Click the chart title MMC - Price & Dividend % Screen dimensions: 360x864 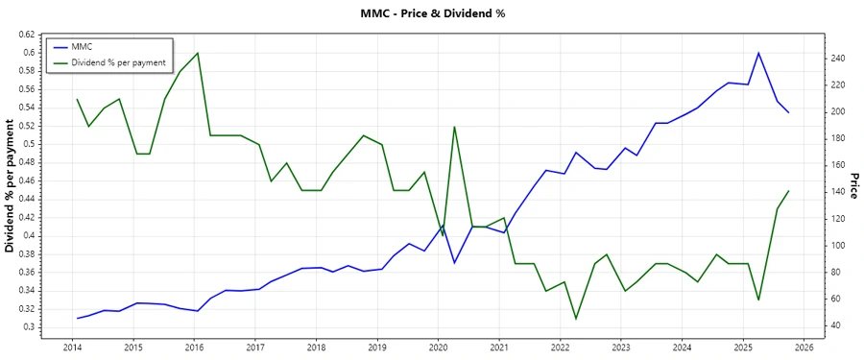tap(431, 13)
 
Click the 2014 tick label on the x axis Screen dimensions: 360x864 tap(72, 347)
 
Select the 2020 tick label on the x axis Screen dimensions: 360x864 tap(438, 347)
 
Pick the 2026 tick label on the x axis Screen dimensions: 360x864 tap(804, 347)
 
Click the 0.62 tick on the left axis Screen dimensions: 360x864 tap(26, 35)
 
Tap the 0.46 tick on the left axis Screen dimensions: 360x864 tap(26, 180)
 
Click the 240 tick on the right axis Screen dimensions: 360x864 tap(838, 59)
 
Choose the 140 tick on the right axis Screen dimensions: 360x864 tap(838, 192)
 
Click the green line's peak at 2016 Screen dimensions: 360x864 tap(197, 53)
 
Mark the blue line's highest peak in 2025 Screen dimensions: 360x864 tap(758, 53)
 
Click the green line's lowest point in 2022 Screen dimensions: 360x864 tap(576, 319)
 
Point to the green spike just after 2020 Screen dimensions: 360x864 tap(454, 126)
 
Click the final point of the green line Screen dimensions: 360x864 tap(788, 190)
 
